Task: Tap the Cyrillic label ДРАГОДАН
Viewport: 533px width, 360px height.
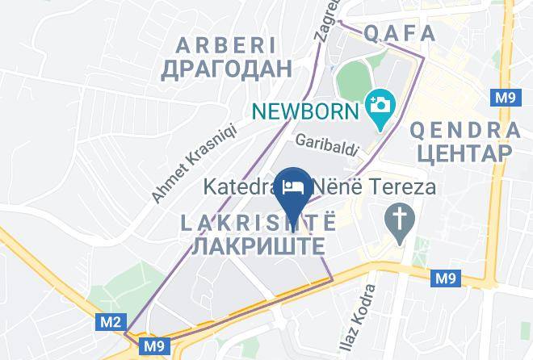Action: (x=225, y=69)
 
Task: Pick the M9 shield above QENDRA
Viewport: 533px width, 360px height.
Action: (x=504, y=98)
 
